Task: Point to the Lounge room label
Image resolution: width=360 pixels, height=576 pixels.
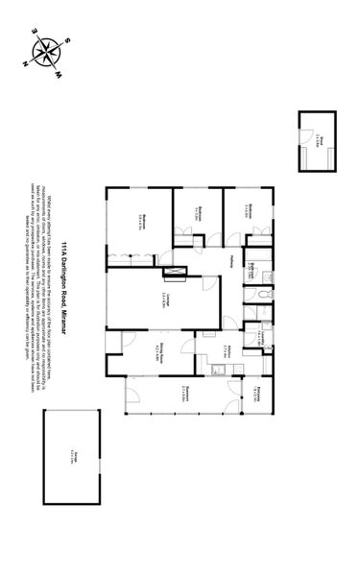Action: coord(166,299)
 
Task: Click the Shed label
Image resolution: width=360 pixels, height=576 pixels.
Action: coord(319,140)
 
